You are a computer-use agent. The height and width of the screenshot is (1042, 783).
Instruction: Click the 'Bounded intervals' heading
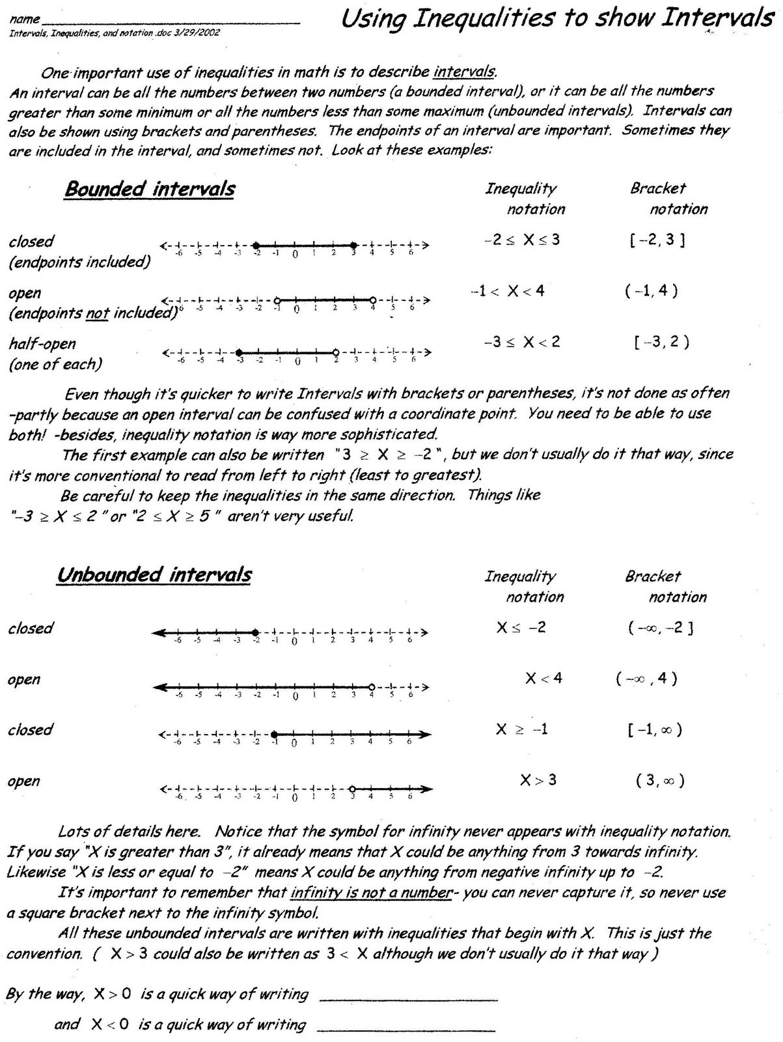click(150, 190)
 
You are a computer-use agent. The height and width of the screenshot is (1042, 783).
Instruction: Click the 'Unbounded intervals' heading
click(154, 575)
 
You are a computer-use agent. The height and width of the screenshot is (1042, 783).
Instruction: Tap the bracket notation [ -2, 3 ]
click(657, 240)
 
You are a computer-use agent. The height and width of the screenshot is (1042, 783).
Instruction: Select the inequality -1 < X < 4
click(508, 292)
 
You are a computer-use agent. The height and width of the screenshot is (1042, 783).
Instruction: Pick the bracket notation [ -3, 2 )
click(661, 342)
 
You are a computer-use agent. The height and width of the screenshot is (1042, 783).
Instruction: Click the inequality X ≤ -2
click(521, 628)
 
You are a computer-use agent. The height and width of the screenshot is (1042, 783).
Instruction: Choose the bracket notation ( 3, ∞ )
click(660, 780)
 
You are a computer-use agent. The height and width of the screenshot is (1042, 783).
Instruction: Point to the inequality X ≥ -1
click(521, 729)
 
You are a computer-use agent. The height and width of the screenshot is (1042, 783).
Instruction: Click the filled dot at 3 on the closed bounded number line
click(353, 246)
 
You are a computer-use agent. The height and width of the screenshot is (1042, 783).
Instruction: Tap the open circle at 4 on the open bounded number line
click(372, 300)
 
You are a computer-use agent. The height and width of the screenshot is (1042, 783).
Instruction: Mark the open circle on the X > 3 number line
click(351, 789)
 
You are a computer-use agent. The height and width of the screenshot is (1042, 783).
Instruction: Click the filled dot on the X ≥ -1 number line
click(274, 735)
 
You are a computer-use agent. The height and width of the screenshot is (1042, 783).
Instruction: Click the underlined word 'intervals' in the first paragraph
click(465, 71)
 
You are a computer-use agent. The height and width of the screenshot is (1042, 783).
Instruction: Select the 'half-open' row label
click(42, 343)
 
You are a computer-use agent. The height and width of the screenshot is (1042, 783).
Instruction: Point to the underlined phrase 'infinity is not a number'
click(371, 893)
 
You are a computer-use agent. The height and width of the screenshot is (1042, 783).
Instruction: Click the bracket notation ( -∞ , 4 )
click(646, 679)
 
